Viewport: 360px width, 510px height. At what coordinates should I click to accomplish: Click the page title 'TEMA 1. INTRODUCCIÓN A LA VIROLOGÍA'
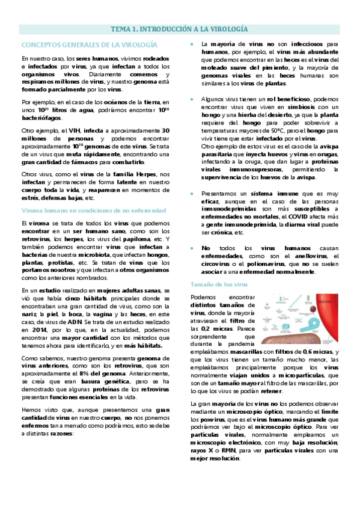180,29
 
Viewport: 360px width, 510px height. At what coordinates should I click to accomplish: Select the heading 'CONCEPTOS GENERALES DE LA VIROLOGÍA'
89,45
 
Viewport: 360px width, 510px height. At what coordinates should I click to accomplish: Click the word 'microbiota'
88,254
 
